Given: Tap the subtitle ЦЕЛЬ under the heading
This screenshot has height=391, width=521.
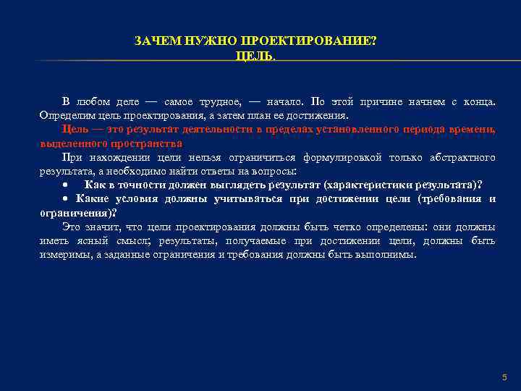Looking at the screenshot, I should [x=255, y=56].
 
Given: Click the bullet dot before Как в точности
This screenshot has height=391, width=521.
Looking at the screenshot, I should [x=64, y=185].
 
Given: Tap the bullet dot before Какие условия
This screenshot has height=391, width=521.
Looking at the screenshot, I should [x=64, y=198].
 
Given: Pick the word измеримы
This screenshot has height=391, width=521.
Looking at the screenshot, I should [x=64, y=254].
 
